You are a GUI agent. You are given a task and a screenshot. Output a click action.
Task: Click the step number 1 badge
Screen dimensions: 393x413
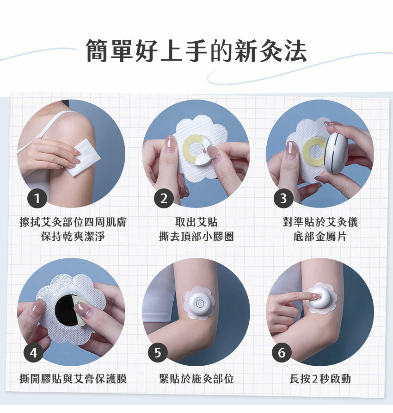(x=37, y=198)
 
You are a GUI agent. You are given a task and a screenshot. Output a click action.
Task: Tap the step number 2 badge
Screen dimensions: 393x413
(x=164, y=198)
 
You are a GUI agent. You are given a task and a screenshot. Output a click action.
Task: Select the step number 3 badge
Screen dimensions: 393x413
(x=283, y=198)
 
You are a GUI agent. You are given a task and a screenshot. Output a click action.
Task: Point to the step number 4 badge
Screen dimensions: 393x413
(x=33, y=353)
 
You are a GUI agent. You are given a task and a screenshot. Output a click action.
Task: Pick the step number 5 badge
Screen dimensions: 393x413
(x=158, y=353)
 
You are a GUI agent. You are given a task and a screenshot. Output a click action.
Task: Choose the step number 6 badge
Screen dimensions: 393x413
(x=282, y=353)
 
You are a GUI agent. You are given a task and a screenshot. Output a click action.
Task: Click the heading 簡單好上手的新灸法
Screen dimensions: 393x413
(x=196, y=51)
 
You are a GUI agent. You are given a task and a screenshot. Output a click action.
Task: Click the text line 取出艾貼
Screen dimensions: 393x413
(x=196, y=222)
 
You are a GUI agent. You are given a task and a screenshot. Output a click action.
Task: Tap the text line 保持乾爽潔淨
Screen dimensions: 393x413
(x=73, y=236)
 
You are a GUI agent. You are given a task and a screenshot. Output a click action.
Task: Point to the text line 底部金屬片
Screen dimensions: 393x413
(x=320, y=236)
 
